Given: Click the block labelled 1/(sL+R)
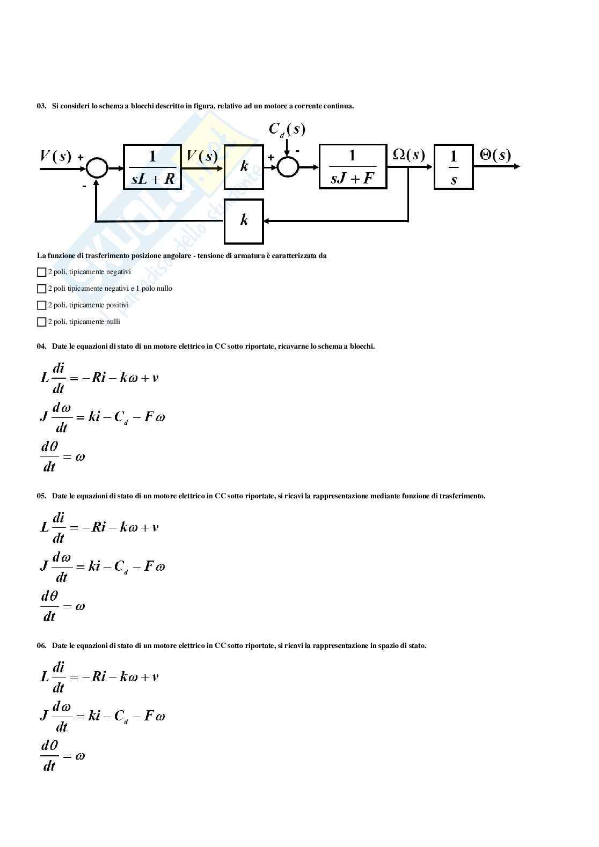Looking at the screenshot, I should [x=152, y=167].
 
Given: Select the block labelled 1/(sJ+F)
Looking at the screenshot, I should [x=353, y=166].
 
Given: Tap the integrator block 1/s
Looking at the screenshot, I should [x=453, y=167].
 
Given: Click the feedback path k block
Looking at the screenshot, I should [x=244, y=221].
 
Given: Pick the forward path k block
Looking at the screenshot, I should [x=244, y=167].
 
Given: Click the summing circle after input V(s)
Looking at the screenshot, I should [x=97, y=167].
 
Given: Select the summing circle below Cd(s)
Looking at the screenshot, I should [x=288, y=167].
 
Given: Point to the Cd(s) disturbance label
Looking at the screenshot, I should [x=287, y=129].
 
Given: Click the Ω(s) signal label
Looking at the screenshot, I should [x=408, y=155].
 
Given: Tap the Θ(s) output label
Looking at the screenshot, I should [x=495, y=155].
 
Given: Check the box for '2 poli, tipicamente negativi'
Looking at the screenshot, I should [x=41, y=272].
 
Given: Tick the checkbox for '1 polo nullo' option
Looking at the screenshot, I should [x=41, y=289].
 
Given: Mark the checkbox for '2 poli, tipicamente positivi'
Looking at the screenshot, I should [x=41, y=305].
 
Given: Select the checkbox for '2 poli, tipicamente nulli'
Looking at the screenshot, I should [x=41, y=322].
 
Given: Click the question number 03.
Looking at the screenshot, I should [x=41, y=106].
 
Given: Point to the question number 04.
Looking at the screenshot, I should [x=41, y=347].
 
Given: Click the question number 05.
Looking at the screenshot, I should [x=41, y=496].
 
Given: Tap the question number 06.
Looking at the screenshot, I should [x=41, y=646].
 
